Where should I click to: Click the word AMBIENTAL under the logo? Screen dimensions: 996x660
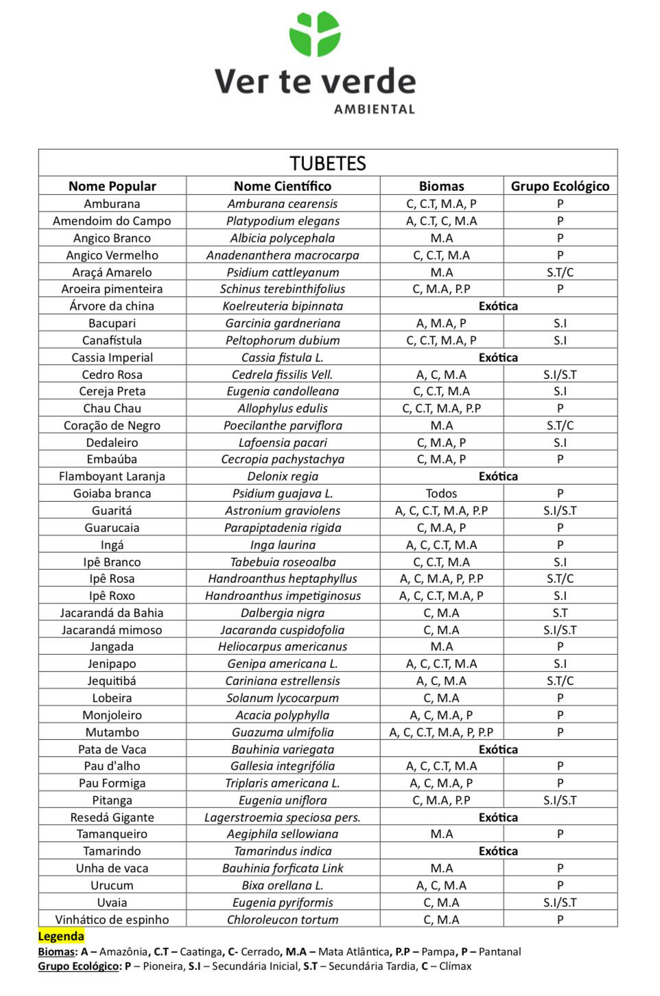point(374,109)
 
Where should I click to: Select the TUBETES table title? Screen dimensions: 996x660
point(328,163)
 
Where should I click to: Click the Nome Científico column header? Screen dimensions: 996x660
point(283,186)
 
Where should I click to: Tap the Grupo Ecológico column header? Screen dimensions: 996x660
point(560,186)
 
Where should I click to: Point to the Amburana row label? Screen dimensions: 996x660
point(112,204)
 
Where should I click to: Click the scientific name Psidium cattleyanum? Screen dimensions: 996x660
point(283,272)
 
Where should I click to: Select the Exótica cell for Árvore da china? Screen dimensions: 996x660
point(498,306)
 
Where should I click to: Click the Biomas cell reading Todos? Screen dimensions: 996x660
point(441,494)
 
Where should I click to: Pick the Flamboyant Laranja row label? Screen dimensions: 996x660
point(112,476)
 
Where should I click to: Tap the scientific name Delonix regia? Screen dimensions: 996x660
point(283,476)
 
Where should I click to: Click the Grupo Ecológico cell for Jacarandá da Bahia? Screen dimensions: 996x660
point(560,613)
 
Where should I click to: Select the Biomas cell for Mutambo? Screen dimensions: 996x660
point(441,732)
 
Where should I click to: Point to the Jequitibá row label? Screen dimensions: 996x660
point(112,681)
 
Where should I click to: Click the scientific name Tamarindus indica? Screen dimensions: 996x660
point(283,851)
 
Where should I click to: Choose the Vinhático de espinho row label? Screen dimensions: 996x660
point(112,920)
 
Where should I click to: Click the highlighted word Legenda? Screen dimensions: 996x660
point(61,936)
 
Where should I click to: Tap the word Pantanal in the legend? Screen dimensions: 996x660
point(499,952)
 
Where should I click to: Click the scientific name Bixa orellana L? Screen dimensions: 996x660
point(283,885)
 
